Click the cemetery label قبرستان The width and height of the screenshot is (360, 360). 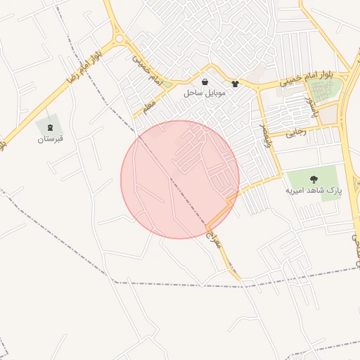[51, 139]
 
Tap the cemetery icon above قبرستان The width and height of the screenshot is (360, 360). [51, 127]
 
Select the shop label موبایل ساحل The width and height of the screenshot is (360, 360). [204, 93]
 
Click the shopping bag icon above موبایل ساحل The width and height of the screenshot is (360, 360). [205, 82]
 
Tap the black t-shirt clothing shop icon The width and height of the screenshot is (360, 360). [235, 83]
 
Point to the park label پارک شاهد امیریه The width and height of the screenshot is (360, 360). [313, 190]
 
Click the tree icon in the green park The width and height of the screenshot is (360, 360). [313, 179]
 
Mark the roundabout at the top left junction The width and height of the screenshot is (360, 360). [119, 39]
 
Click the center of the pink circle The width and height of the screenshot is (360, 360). [180, 179]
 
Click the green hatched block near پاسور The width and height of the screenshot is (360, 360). [323, 90]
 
